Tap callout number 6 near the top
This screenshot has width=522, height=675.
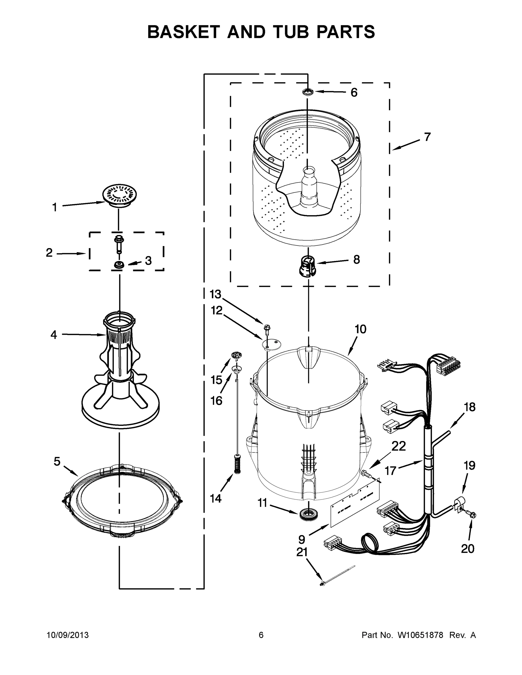pos(354,93)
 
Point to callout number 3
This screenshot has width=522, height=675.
pos(148,260)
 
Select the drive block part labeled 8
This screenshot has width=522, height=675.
pos(307,265)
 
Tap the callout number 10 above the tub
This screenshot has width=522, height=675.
pos(360,329)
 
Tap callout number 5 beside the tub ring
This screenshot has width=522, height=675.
pos(57,462)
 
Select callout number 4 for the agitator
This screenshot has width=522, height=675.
pos(54,335)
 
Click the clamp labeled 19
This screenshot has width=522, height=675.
pos(458,505)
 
